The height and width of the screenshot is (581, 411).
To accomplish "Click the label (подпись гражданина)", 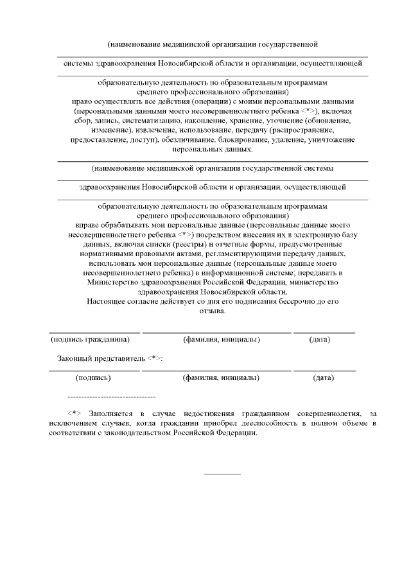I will [x=94, y=338].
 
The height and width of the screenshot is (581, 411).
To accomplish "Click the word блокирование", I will [x=238, y=139].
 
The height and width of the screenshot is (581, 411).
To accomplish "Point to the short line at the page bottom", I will [x=222, y=474].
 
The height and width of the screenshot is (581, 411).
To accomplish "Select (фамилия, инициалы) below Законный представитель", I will [x=222, y=377].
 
